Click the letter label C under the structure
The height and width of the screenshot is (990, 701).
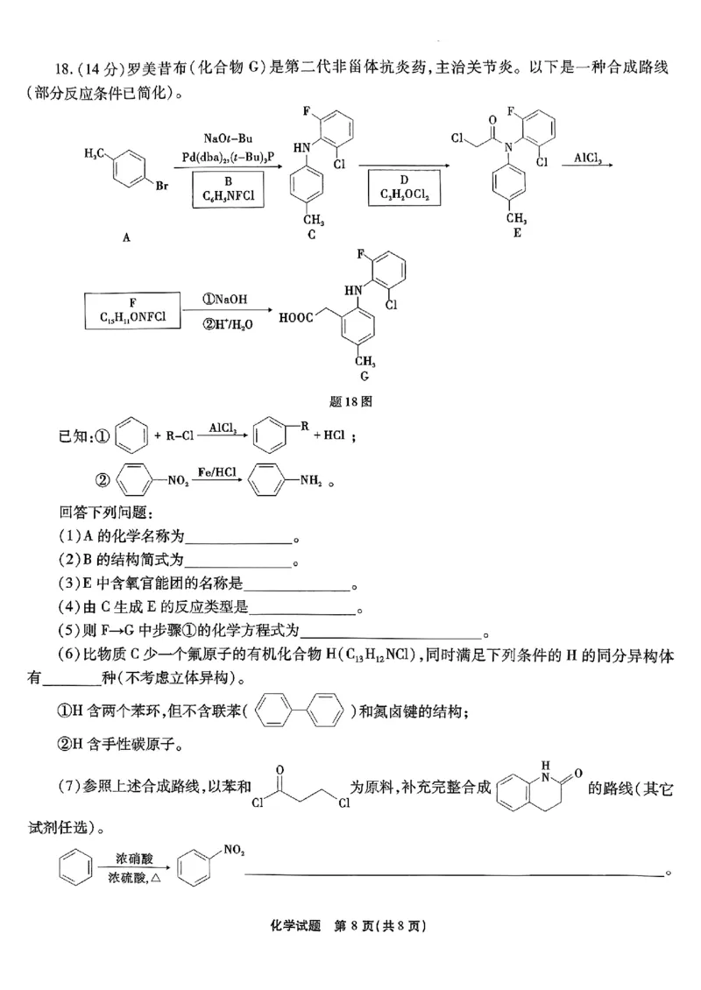(x=312, y=234)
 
